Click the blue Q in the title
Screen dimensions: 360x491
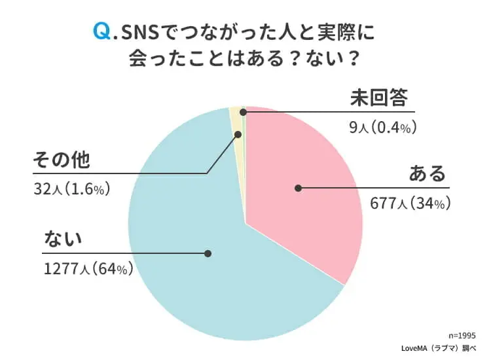(103, 31)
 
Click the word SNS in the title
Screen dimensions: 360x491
(138, 32)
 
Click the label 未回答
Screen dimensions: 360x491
(377, 98)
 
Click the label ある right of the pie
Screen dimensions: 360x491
(427, 175)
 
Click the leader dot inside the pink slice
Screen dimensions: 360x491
(298, 188)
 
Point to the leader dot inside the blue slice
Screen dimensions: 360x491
(208, 253)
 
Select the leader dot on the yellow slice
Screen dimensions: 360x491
(238, 134)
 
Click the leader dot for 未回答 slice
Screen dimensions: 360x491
(244, 113)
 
